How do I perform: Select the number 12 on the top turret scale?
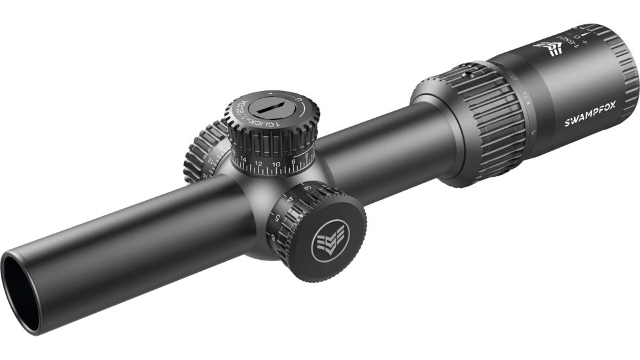(x=258, y=163)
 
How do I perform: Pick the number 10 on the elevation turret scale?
(x=276, y=163)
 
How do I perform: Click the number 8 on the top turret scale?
(x=293, y=160)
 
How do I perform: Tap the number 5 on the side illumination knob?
(x=277, y=216)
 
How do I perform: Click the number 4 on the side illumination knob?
(x=289, y=198)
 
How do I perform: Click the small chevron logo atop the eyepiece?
(x=548, y=47)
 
